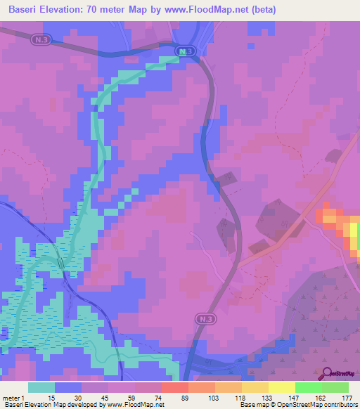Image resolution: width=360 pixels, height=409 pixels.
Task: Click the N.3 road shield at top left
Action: click(41, 41)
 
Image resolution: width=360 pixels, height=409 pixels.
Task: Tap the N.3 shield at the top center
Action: click(184, 52)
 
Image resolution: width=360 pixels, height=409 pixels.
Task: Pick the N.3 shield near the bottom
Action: click(203, 319)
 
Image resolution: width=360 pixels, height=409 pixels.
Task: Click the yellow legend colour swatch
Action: click(281, 387)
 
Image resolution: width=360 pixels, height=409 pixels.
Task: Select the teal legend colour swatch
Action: click(41, 387)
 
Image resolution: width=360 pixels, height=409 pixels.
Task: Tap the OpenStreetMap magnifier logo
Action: click(327, 374)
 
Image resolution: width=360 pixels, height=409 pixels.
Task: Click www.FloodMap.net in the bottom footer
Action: click(134, 405)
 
